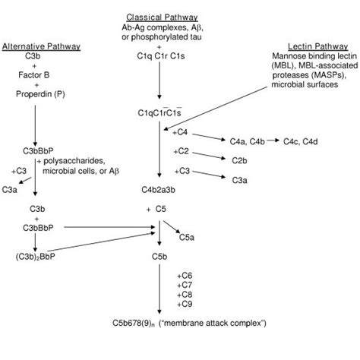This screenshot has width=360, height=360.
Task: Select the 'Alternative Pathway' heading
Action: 41,46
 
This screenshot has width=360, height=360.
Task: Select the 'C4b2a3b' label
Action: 158,189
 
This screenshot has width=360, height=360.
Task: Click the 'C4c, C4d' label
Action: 302,141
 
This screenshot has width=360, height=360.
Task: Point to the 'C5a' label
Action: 186,238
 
